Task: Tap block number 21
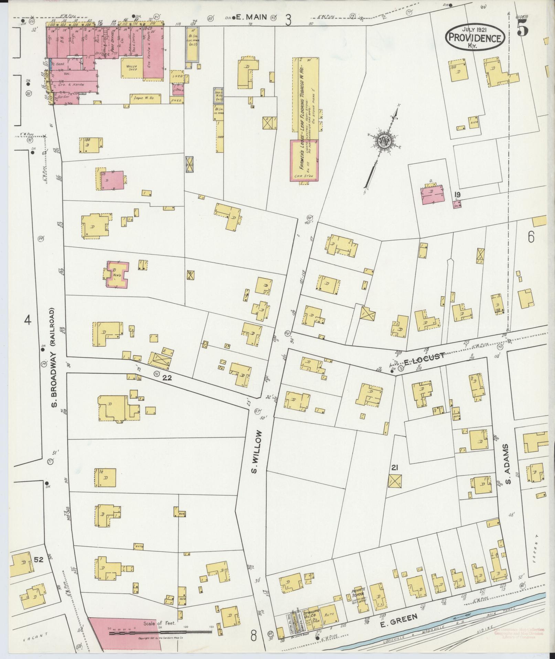click(395, 467)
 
